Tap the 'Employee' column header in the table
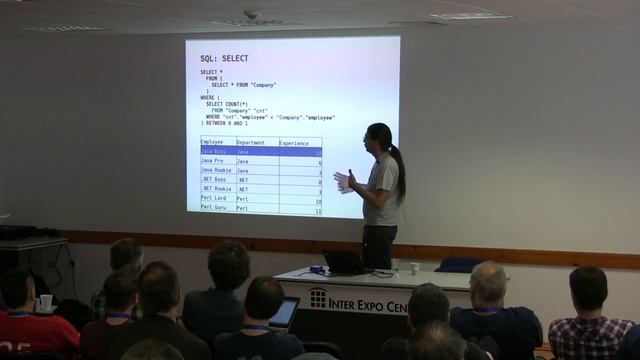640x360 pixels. [x=213, y=143]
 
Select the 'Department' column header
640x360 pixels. [x=251, y=143]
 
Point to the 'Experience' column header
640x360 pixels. [x=294, y=143]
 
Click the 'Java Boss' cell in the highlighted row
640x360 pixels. [x=215, y=152]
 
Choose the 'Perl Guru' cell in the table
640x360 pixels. [x=215, y=208]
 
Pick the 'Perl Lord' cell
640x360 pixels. [x=215, y=198]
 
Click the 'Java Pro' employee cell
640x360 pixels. [x=213, y=161]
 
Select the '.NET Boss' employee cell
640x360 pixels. [x=215, y=180]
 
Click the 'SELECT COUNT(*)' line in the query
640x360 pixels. [x=229, y=104]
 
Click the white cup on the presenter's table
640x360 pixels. [x=414, y=268]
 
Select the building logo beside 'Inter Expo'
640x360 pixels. [x=317, y=298]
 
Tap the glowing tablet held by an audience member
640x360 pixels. [x=285, y=313]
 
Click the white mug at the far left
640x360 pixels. [x=45, y=302]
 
